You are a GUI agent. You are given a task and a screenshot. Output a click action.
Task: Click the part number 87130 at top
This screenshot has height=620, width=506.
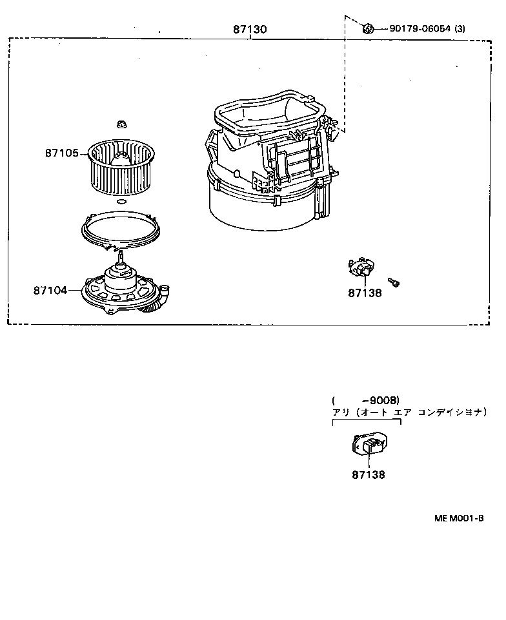tap(249, 29)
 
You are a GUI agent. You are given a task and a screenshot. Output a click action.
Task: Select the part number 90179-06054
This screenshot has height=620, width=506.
tap(420, 28)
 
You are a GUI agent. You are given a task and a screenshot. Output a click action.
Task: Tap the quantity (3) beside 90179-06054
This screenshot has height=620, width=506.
tap(460, 28)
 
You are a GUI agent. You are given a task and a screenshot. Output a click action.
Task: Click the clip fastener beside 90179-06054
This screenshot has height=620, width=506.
tap(368, 28)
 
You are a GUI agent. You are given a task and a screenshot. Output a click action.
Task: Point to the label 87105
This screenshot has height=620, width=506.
tap(62, 153)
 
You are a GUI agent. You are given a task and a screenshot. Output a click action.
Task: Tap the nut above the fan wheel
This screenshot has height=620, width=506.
tap(121, 124)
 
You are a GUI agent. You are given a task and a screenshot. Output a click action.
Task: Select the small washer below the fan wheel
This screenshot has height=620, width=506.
tap(121, 202)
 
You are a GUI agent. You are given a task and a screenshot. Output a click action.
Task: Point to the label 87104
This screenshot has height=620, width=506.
tap(50, 291)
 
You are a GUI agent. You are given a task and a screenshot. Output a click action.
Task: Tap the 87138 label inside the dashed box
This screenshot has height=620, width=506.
tap(365, 293)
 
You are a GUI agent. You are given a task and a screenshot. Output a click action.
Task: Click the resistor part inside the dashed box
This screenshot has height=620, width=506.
tap(361, 267)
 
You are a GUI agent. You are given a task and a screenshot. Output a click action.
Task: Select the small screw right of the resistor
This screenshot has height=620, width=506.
tap(394, 282)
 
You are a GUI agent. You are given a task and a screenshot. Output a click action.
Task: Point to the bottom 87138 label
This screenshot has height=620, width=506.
tap(369, 474)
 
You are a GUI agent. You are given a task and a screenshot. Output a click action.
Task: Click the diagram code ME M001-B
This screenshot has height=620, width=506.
tap(459, 518)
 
